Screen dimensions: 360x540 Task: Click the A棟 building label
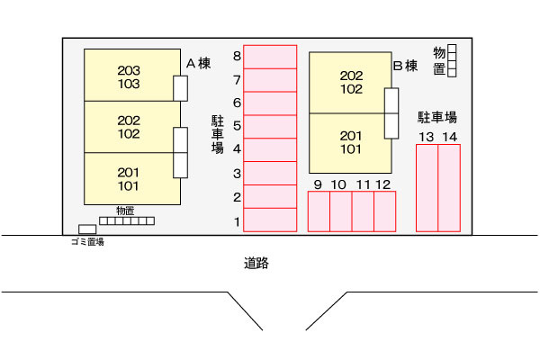pyautogui.click(x=198, y=64)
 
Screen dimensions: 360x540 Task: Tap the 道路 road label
pyautogui.click(x=256, y=264)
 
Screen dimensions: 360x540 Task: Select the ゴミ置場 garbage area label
pyautogui.click(x=86, y=242)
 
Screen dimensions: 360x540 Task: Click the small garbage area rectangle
pyautogui.click(x=87, y=229)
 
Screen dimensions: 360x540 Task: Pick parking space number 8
pyautogui.click(x=270, y=56)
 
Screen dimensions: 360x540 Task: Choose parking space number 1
pyautogui.click(x=270, y=220)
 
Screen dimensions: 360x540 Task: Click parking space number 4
pyautogui.click(x=270, y=149)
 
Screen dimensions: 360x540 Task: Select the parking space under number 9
pyautogui.click(x=319, y=211)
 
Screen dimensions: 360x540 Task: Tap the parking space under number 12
pyautogui.click(x=384, y=211)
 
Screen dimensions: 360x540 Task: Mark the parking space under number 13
pyautogui.click(x=427, y=187)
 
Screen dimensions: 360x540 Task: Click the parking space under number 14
pyautogui.click(x=449, y=187)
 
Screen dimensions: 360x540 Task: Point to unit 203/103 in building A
pyautogui.click(x=129, y=76)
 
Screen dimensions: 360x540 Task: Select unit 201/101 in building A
pyautogui.click(x=129, y=178)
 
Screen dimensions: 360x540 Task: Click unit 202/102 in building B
pyautogui.click(x=351, y=82)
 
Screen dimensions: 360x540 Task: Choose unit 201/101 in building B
pyautogui.click(x=351, y=142)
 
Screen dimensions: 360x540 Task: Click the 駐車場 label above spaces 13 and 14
pyautogui.click(x=438, y=117)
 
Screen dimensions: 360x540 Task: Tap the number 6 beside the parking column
pyautogui.click(x=237, y=103)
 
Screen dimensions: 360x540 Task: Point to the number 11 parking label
pyautogui.click(x=363, y=184)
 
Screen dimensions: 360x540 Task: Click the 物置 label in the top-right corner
pyautogui.click(x=439, y=60)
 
